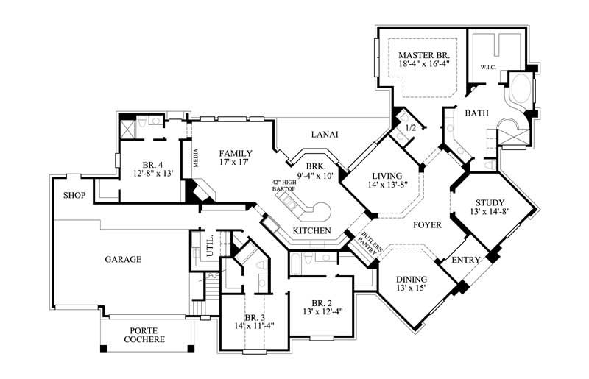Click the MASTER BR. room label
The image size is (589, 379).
[x=423, y=56]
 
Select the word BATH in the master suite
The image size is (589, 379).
[x=476, y=113]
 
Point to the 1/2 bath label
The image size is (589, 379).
[x=412, y=128]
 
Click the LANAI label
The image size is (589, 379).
[x=324, y=134]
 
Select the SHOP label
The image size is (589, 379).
[x=74, y=195]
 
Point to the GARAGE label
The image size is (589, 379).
[x=123, y=259]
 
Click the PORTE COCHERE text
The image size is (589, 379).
[x=144, y=335]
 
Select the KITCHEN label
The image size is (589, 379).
[x=312, y=231]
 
